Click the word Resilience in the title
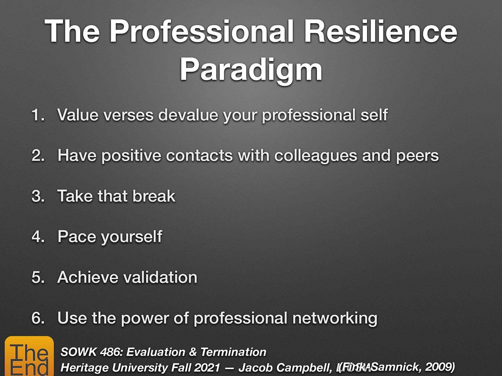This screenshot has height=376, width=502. pos(380,31)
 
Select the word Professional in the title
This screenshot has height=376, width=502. pos(201,31)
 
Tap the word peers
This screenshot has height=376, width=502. pos(417,156)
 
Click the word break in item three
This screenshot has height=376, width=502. pos(154,196)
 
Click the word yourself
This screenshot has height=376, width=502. pos(131,237)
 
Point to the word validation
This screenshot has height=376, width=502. pos(160,278)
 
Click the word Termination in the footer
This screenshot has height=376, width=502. pos(233,352)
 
